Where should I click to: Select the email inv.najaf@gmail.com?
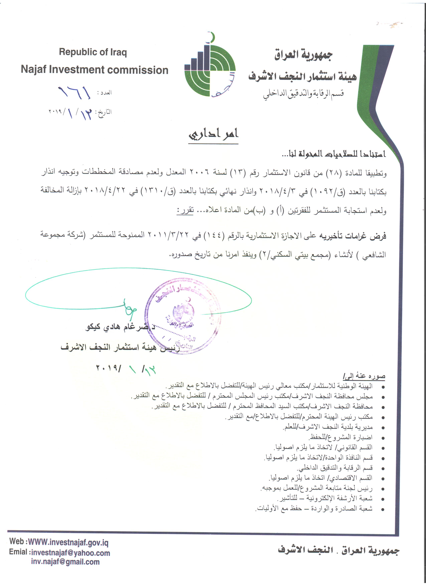[x=65, y=562]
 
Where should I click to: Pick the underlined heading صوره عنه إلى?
[x=364, y=376]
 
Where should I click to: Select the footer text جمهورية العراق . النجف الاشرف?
[x=338, y=550]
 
